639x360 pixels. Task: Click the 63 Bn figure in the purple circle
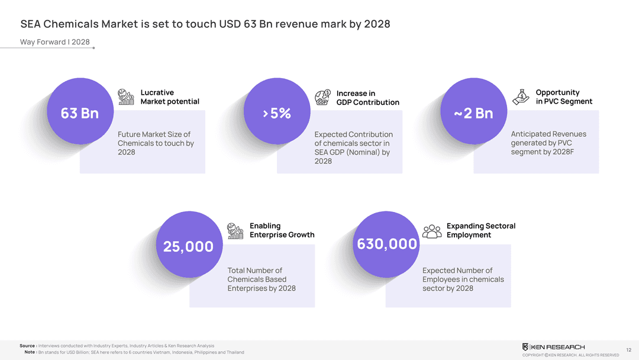click(x=80, y=113)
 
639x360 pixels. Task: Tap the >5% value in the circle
click(x=276, y=113)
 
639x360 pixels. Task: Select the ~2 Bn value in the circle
click(x=473, y=113)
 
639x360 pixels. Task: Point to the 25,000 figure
click(x=188, y=246)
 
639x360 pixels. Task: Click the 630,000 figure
click(x=387, y=244)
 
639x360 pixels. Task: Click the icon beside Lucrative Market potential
click(x=126, y=97)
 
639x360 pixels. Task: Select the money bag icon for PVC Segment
click(x=521, y=97)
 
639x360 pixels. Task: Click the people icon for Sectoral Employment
click(x=433, y=231)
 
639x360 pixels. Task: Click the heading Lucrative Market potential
click(x=170, y=97)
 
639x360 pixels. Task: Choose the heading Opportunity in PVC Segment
click(x=563, y=97)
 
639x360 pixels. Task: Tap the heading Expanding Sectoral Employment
click(x=480, y=230)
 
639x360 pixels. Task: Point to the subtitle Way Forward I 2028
click(x=55, y=42)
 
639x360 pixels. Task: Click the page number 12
click(x=628, y=349)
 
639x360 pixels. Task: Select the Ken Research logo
click(x=553, y=347)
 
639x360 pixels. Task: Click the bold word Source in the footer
click(x=27, y=346)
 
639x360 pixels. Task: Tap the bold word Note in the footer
click(x=30, y=352)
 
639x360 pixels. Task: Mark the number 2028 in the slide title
click(x=377, y=24)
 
